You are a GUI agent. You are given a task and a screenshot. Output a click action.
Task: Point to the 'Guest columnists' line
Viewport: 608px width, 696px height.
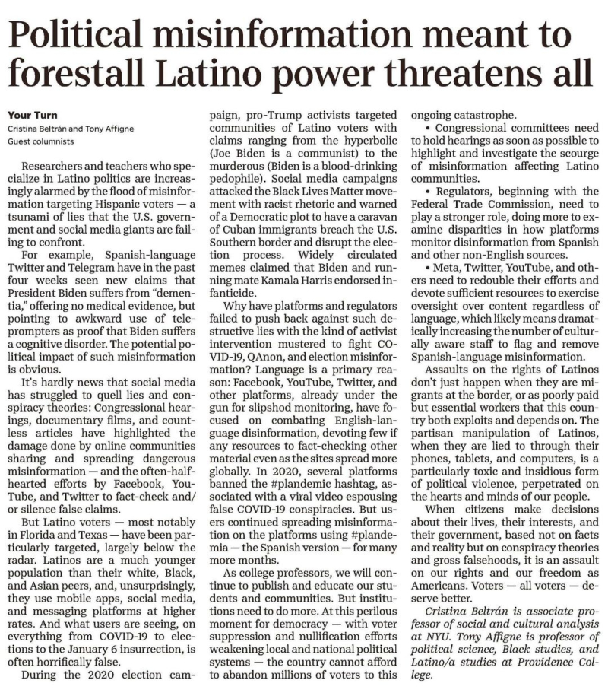coord(43,141)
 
